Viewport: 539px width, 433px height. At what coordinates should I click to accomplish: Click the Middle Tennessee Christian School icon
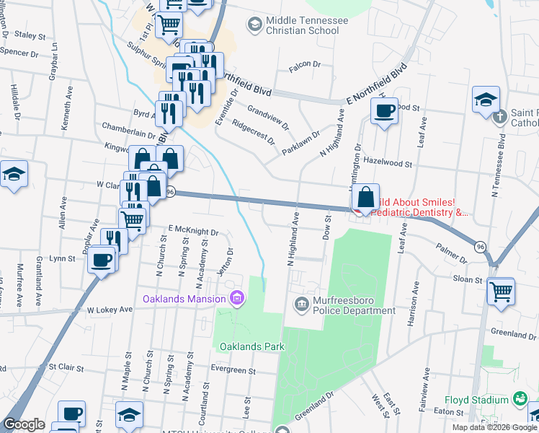(x=254, y=25)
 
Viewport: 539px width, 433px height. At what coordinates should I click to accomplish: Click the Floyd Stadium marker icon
(x=520, y=398)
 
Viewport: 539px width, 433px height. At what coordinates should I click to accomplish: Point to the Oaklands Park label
(x=252, y=346)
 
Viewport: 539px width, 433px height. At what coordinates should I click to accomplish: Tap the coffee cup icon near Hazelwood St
(x=384, y=111)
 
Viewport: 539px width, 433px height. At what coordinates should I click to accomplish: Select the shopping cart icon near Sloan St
(x=501, y=291)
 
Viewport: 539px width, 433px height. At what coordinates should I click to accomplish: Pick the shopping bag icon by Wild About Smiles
(x=366, y=196)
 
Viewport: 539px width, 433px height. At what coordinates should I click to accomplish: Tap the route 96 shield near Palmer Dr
(x=480, y=247)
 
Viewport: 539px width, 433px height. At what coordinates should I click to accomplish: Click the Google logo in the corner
(x=24, y=424)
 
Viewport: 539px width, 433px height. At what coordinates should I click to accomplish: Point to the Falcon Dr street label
(x=304, y=65)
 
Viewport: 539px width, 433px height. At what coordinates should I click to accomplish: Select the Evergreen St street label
(x=233, y=369)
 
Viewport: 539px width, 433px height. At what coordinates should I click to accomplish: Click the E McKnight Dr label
(x=193, y=231)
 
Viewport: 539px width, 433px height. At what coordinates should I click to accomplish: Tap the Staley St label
(x=30, y=35)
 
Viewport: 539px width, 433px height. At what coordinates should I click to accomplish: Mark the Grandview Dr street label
(x=267, y=116)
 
